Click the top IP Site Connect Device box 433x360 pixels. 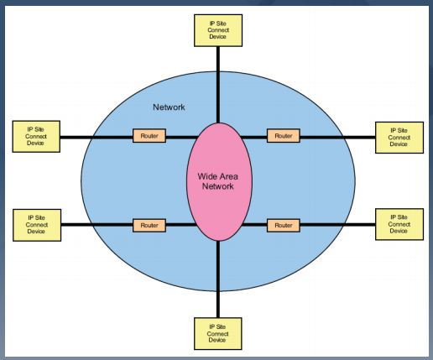(218, 30)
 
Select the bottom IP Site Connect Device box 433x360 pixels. (218, 333)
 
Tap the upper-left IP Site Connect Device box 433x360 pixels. (36, 137)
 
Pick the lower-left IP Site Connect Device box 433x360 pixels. (37, 225)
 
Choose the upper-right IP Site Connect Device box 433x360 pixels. (399, 138)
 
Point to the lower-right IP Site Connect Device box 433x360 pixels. (399, 224)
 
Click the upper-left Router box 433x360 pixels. (149, 136)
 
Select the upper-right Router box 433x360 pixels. (284, 136)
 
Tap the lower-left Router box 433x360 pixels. (149, 226)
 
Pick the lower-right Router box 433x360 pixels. (284, 226)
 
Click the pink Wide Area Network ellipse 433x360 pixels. (219, 196)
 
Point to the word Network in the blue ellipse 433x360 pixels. (169, 107)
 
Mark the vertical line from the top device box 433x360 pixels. (218, 85)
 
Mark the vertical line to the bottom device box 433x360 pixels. (218, 279)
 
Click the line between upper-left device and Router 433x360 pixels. (97, 138)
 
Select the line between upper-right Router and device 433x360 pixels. (337, 138)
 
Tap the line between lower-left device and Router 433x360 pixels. (97, 225)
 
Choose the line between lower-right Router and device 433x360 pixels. (337, 225)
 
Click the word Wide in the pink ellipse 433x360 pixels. (206, 176)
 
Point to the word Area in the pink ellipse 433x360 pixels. (227, 176)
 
